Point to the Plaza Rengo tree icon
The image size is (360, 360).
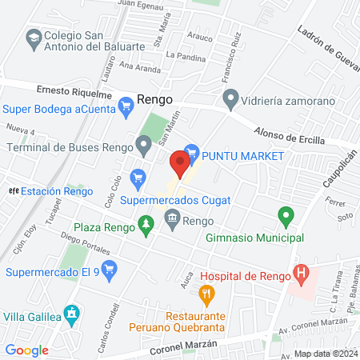tap(145, 228)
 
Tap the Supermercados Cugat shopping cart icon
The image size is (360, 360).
tap(138, 176)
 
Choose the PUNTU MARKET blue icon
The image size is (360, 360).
tap(190, 150)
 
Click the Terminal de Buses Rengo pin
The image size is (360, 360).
tap(143, 146)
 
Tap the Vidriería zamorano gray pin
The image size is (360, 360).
tap(231, 100)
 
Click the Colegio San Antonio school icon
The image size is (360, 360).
tap(34, 37)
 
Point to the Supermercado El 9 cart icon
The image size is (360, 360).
tap(110, 271)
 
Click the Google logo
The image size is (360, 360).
tap(27, 350)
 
